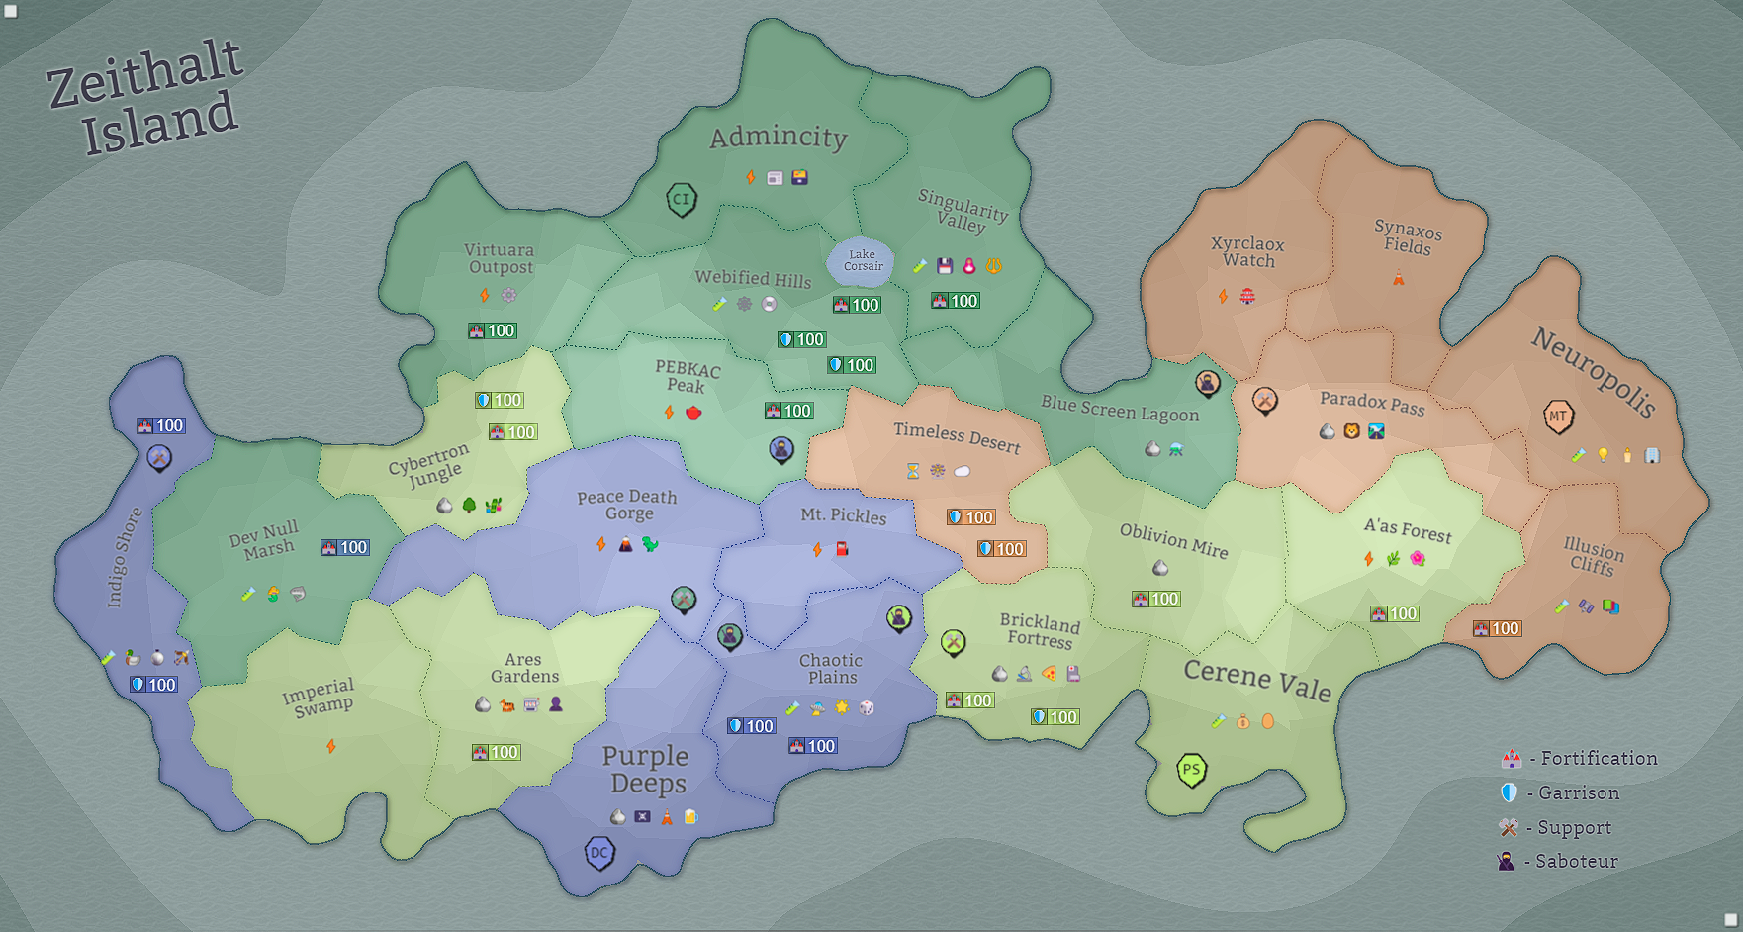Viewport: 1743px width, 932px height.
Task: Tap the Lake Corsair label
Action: pos(863,260)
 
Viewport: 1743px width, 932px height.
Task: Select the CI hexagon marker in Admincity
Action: pos(682,199)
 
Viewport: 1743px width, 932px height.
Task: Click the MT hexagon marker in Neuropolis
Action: pos(1558,416)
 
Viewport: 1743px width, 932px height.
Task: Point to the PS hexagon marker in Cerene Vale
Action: pos(1191,770)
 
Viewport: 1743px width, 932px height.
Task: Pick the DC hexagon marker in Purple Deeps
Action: pos(599,852)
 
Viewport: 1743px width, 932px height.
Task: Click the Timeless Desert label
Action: pos(957,437)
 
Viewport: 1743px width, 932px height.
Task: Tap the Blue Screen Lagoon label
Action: pos(1119,408)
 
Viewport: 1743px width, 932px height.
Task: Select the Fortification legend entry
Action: pos(1580,759)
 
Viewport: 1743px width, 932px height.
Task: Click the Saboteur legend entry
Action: pos(1559,861)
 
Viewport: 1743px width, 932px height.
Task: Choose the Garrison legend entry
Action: pos(1561,792)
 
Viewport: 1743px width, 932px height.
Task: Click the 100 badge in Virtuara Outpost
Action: pos(493,330)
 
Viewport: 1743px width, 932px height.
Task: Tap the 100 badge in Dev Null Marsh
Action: pos(345,547)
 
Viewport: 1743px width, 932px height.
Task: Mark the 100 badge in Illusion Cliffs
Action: pos(1497,628)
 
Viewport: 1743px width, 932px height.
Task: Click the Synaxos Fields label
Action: pos(1408,237)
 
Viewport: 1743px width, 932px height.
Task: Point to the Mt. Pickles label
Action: pos(843,515)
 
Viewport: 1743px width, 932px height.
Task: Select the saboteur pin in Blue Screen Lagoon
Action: pos(1207,382)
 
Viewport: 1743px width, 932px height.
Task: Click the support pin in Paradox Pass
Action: pos(1264,400)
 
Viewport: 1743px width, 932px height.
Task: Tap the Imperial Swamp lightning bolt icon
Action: pos(331,745)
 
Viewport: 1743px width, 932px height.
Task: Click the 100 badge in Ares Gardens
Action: pos(496,752)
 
